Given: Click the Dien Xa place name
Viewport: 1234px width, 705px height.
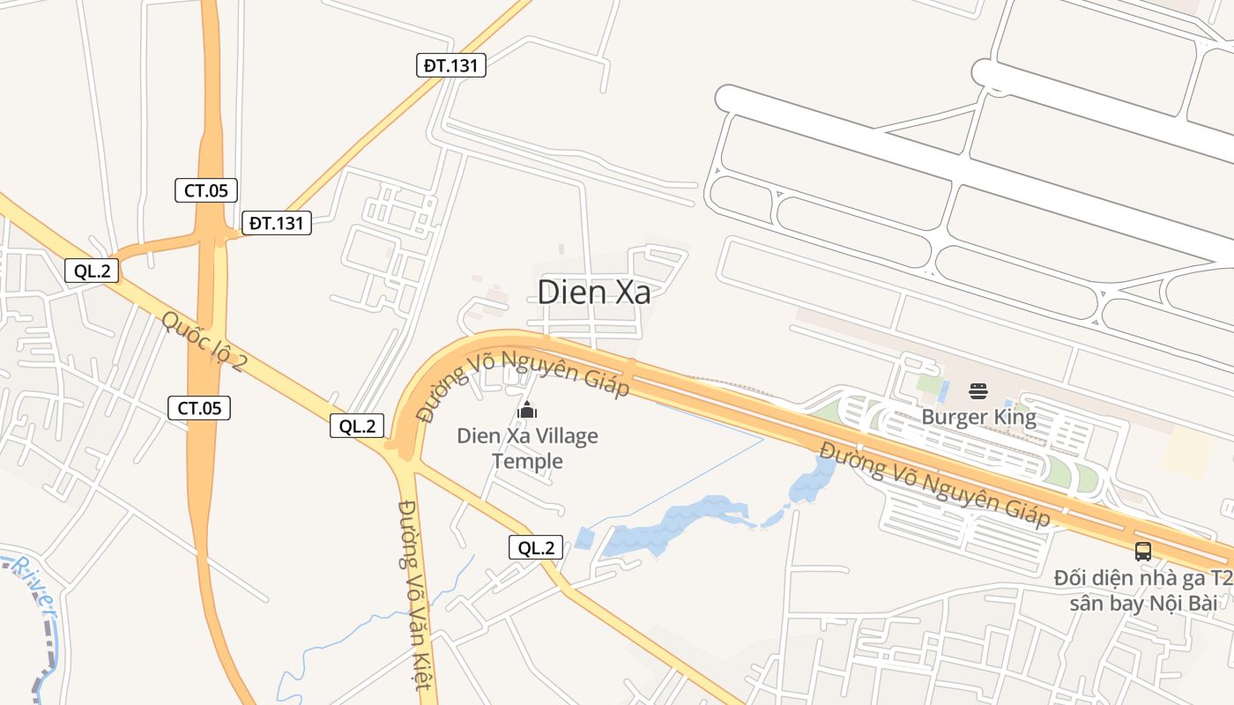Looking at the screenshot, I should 594,292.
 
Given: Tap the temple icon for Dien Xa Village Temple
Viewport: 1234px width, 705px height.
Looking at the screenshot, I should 527,410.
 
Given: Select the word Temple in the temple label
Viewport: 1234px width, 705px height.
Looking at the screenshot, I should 527,461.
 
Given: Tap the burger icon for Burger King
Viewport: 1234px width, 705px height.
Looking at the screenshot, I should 978,390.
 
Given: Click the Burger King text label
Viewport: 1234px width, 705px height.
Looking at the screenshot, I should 978,417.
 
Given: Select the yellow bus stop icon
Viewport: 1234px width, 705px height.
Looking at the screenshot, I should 1143,552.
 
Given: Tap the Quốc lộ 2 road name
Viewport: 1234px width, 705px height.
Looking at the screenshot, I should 204,340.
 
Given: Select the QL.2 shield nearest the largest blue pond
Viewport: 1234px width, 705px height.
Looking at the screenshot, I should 536,547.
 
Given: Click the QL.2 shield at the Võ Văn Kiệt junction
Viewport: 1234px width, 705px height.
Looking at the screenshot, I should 357,426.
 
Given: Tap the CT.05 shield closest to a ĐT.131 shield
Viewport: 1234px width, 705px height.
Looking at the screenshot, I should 205,189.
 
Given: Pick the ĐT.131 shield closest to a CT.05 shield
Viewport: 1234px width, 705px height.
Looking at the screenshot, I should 277,223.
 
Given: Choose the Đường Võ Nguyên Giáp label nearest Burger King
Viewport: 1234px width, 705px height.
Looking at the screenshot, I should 935,484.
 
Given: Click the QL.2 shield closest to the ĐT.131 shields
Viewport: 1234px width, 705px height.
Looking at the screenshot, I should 92,271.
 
